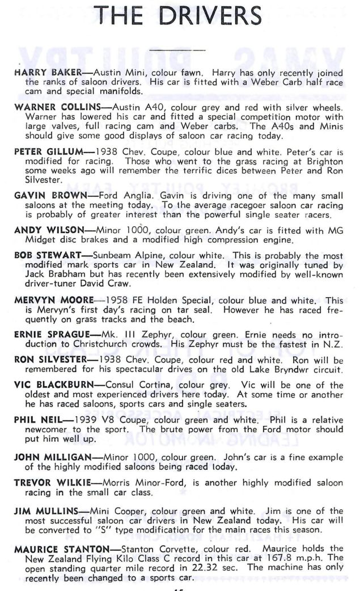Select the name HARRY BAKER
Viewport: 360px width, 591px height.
point(43,73)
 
